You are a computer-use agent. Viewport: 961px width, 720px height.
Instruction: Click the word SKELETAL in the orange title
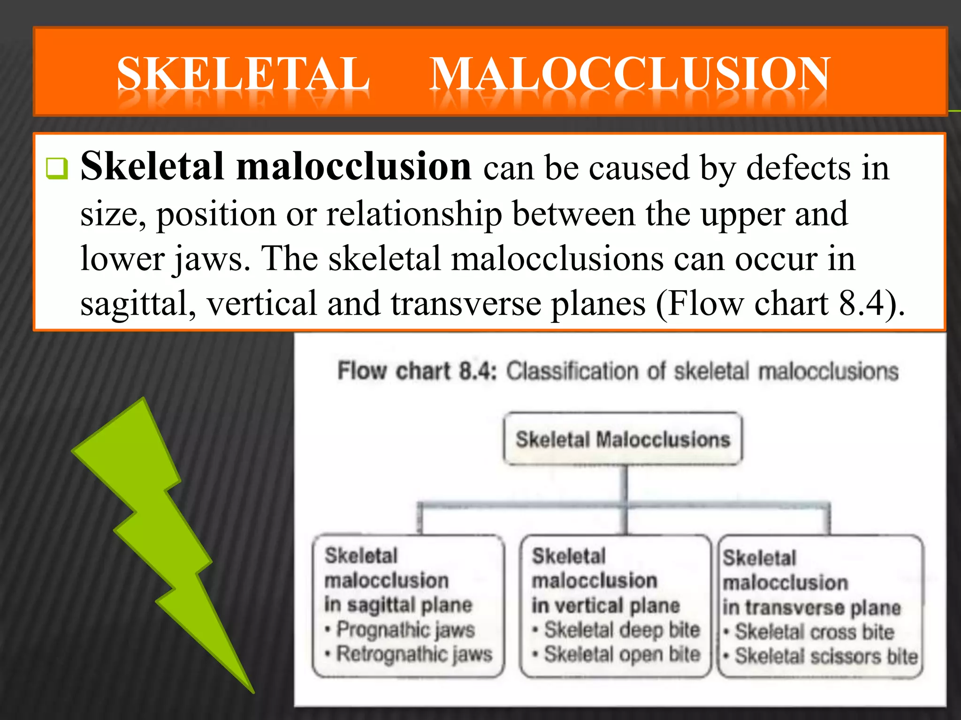243,74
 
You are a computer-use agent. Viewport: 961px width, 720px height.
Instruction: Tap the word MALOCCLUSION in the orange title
630,74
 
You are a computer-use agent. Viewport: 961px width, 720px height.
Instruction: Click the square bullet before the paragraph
57,168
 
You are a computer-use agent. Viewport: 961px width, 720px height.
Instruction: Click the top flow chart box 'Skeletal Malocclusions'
623,439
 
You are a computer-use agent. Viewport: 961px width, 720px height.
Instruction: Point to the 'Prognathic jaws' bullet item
406,630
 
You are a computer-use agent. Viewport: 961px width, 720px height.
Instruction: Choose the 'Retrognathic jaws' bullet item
414,654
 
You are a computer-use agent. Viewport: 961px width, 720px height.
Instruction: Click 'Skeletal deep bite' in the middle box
622,630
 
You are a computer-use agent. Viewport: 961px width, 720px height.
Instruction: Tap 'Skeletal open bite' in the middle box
622,654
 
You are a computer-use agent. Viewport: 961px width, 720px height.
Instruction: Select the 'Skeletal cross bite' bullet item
814,632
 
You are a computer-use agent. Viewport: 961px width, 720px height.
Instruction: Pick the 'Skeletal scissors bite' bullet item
826,656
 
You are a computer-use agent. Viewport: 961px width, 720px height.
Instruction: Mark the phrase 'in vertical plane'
605,606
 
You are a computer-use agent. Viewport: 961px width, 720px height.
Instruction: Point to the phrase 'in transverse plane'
812,607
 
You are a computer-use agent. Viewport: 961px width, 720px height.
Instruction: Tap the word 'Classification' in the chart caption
572,371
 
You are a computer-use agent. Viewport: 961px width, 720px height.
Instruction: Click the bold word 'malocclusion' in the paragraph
354,166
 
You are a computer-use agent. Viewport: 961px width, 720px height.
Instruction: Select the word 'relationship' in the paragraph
414,214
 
